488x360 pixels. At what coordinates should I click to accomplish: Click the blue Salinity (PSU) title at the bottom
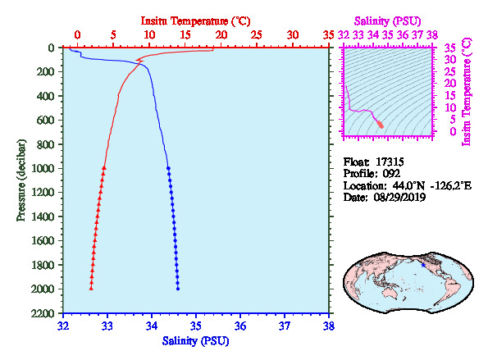(195, 341)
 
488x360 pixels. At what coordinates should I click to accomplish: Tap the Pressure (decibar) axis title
(21, 180)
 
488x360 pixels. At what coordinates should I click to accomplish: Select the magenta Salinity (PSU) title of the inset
(387, 21)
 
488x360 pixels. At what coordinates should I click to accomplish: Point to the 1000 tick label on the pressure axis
(43, 168)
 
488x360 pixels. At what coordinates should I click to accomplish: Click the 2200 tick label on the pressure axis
(43, 313)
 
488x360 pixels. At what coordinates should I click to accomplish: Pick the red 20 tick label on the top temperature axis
(221, 34)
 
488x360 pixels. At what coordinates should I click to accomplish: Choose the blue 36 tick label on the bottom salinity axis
(240, 326)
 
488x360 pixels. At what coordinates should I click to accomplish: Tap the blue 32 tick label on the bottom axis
(63, 326)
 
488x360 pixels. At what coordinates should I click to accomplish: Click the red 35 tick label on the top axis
(328, 34)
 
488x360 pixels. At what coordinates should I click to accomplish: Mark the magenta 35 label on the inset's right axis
(449, 48)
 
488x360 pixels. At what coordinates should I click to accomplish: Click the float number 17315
(390, 162)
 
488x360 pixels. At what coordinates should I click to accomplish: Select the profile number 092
(391, 173)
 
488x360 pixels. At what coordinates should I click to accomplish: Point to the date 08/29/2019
(399, 198)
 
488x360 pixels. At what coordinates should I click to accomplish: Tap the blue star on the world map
(423, 265)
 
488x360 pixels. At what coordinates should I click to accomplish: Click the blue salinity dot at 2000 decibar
(178, 289)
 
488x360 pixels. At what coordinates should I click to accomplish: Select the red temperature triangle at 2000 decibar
(91, 289)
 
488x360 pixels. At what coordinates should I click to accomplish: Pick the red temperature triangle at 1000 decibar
(104, 168)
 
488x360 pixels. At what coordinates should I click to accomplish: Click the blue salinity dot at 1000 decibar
(168, 168)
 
